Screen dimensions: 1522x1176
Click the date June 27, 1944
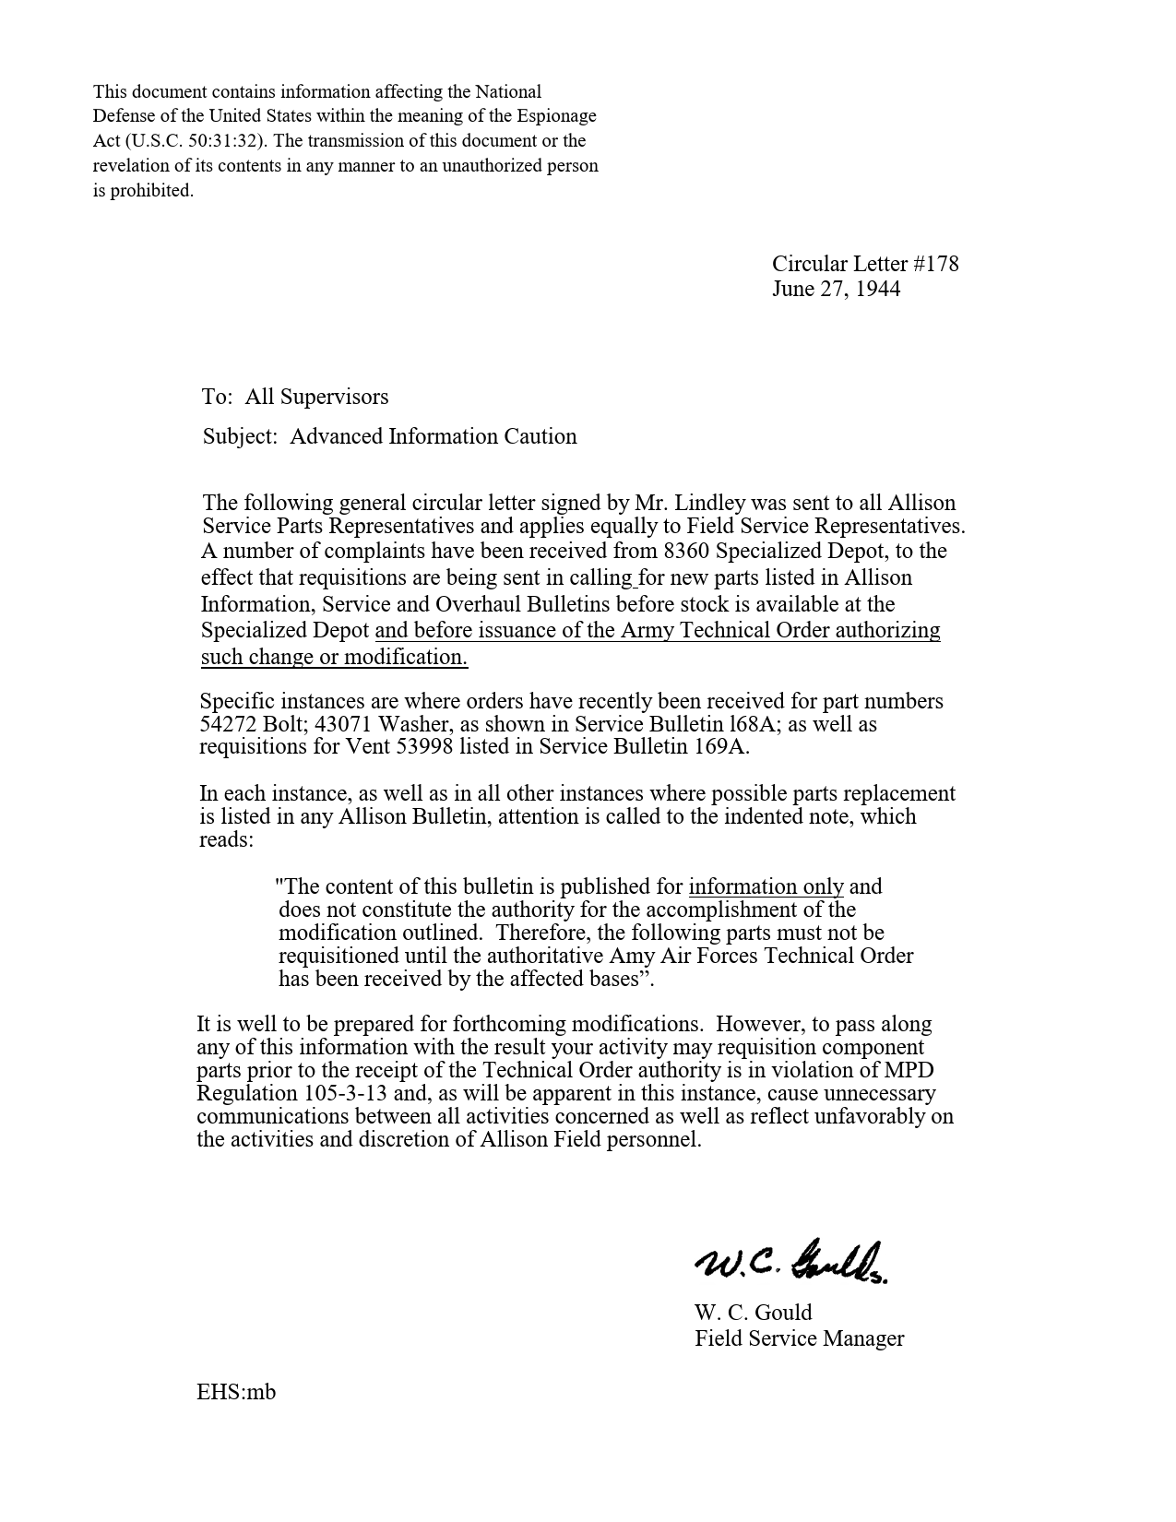836,289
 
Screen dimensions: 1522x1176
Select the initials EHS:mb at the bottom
236,1391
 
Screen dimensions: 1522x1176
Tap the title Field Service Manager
799,1338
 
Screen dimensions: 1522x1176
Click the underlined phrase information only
766,886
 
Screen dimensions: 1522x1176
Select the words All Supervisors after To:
316,397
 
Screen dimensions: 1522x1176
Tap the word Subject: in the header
240,436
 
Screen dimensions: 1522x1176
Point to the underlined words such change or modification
334,657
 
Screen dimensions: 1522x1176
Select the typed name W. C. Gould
753,1313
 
